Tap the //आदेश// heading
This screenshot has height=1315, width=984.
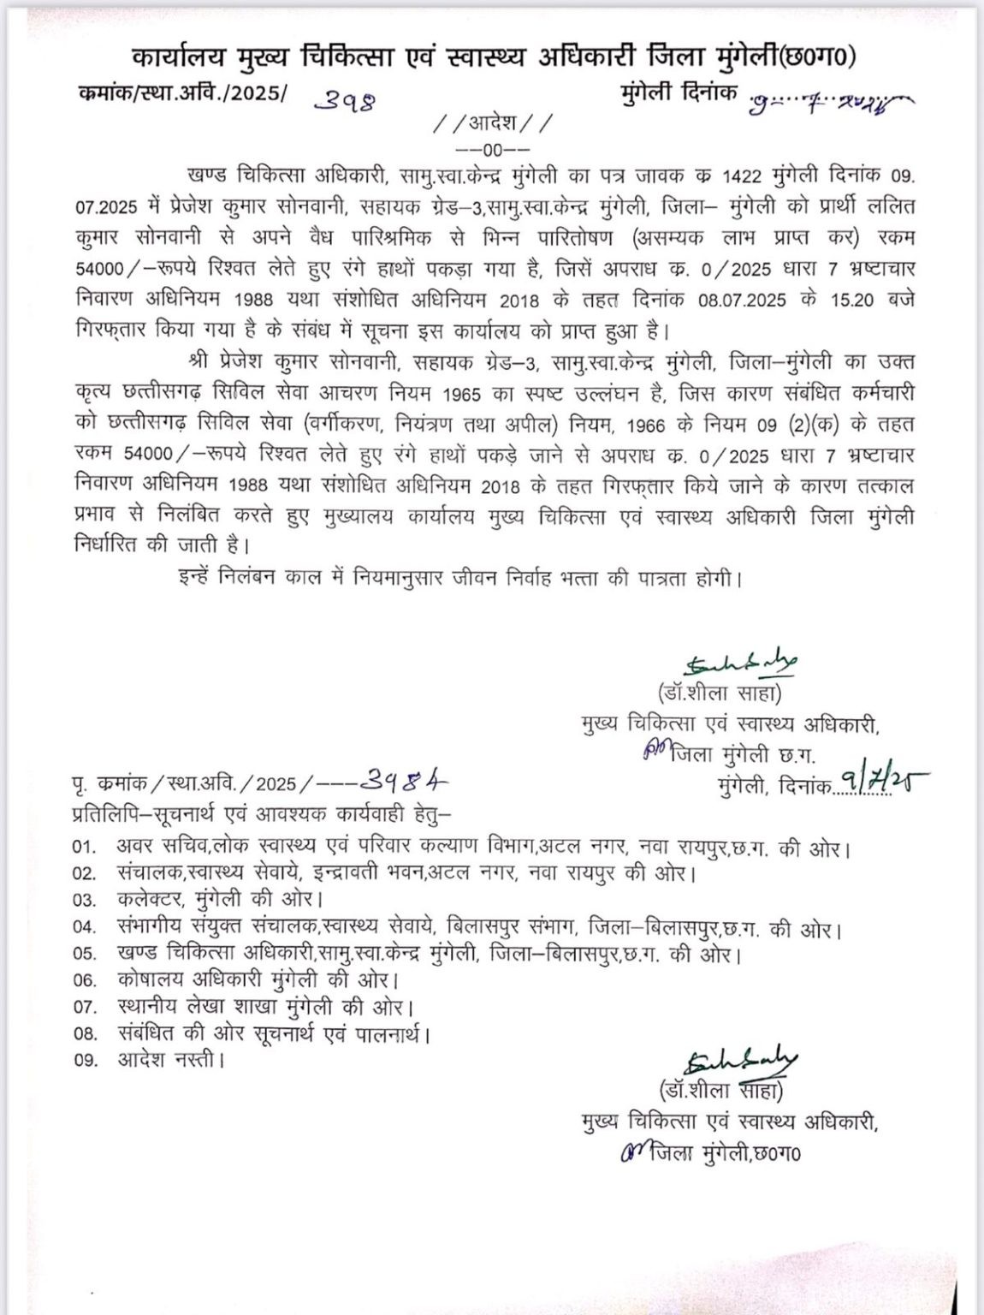coord(494,124)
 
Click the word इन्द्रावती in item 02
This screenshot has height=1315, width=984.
coord(352,875)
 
